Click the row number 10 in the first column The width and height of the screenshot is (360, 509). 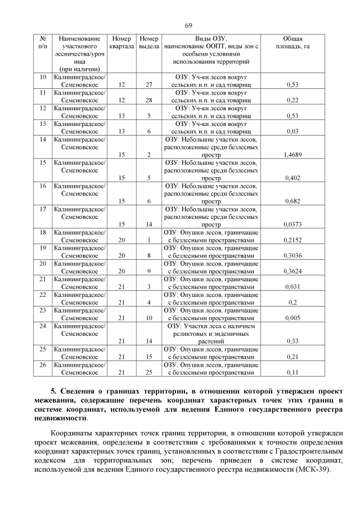(x=43, y=76)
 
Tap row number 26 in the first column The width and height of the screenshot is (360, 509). (x=43, y=364)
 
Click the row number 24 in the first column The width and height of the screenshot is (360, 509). (x=43, y=325)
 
